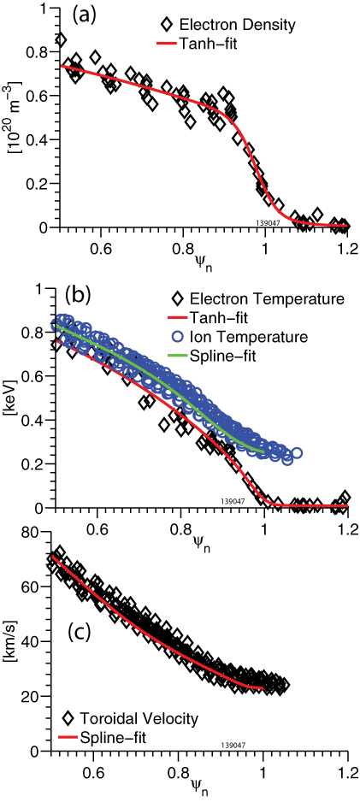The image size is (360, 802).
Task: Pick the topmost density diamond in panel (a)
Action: click(x=60, y=39)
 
